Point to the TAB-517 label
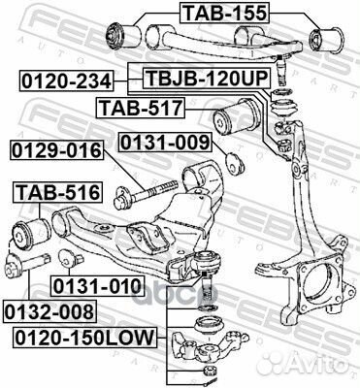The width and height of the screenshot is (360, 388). (x=144, y=105)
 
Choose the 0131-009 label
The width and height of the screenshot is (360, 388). (x=165, y=143)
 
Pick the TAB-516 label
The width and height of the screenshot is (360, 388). (x=54, y=193)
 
